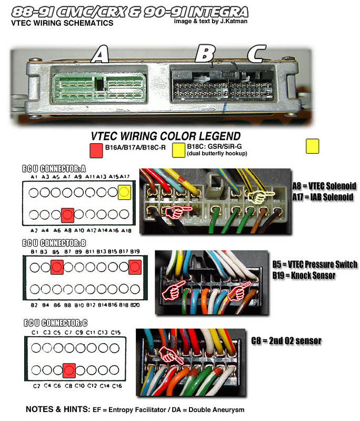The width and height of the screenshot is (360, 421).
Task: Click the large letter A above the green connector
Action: [101, 54]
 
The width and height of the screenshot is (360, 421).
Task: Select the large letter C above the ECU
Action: [257, 54]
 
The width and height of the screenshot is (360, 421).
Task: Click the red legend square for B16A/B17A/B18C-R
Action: [96, 150]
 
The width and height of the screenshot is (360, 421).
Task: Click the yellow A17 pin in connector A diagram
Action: [124, 193]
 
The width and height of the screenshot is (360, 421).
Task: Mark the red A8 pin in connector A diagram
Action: [67, 214]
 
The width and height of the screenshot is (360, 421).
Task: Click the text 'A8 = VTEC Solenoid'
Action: [324, 186]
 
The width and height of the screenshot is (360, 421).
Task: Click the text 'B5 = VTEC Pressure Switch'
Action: [315, 264]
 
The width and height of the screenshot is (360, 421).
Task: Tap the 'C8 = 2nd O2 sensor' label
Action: [287, 340]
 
